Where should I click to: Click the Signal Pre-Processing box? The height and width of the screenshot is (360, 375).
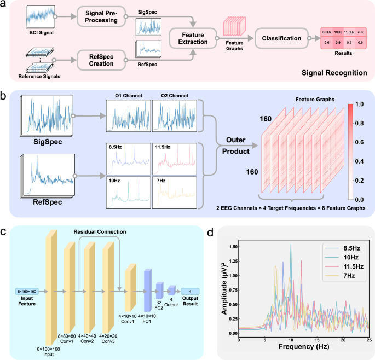101,16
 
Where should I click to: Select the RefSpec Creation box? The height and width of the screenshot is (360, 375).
101,60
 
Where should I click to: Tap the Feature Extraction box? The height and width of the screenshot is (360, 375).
193,38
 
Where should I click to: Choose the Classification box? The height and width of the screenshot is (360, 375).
281,38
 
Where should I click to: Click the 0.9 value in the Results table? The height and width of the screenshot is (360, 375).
338,42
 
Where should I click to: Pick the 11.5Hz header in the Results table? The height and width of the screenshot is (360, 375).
349,32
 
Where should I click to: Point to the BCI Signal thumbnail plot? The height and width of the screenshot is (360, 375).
41,16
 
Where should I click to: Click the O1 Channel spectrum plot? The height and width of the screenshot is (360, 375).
129,115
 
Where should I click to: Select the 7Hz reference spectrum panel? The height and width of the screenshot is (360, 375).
175,193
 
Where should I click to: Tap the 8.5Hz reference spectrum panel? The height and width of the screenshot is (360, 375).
129,159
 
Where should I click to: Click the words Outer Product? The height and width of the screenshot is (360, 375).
236,146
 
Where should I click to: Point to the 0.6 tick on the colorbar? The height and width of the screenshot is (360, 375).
359,142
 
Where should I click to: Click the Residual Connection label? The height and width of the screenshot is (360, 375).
100,231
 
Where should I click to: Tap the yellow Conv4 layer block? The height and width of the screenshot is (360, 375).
131,287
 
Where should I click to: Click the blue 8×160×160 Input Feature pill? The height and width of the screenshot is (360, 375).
27,292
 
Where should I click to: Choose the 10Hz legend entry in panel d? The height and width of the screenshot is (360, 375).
342,258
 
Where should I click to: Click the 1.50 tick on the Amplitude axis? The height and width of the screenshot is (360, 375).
233,247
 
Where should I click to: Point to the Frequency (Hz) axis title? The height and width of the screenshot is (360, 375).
304,346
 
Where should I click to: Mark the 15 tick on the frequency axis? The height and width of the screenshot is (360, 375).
317,340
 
